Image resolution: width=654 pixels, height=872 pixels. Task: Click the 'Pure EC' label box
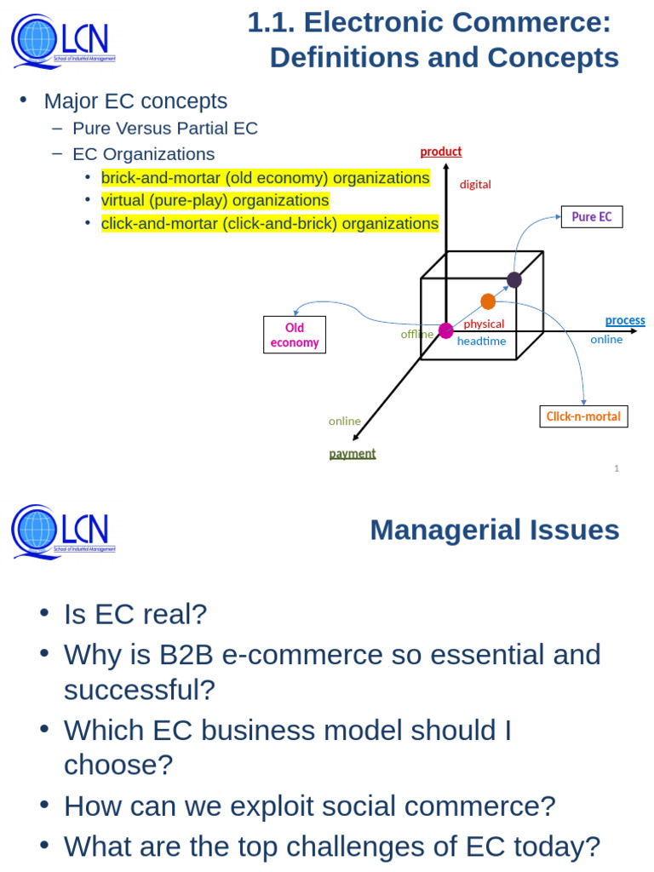coord(591,217)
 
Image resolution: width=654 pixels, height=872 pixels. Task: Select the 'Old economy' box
coord(295,335)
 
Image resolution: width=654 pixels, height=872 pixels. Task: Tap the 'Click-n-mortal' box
coord(584,416)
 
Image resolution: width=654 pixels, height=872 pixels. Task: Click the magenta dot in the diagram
coord(446,330)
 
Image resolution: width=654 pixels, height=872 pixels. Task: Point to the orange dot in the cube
coord(488,301)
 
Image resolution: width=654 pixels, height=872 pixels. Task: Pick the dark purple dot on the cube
coord(514,279)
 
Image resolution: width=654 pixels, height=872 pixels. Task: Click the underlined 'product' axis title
coord(441,152)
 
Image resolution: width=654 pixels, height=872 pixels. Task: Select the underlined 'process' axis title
coord(625,320)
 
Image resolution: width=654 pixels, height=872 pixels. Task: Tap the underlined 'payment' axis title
coord(353,453)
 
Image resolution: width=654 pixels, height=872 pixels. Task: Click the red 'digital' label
coord(475,184)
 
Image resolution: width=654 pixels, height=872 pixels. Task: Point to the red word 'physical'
coord(484,324)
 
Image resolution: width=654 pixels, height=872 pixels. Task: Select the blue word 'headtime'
coord(481,341)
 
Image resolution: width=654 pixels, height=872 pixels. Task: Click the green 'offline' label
coord(416,334)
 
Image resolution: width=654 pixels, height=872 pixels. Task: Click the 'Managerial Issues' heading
coord(494,530)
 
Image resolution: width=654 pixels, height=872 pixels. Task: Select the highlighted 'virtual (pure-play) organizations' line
coord(215,201)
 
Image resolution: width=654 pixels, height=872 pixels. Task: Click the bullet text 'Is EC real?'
coord(135,614)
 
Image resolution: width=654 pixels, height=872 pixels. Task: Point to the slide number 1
coord(617,468)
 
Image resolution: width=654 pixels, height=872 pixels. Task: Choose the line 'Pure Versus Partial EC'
coord(165,129)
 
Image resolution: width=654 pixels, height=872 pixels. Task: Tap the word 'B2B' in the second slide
coord(186,655)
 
